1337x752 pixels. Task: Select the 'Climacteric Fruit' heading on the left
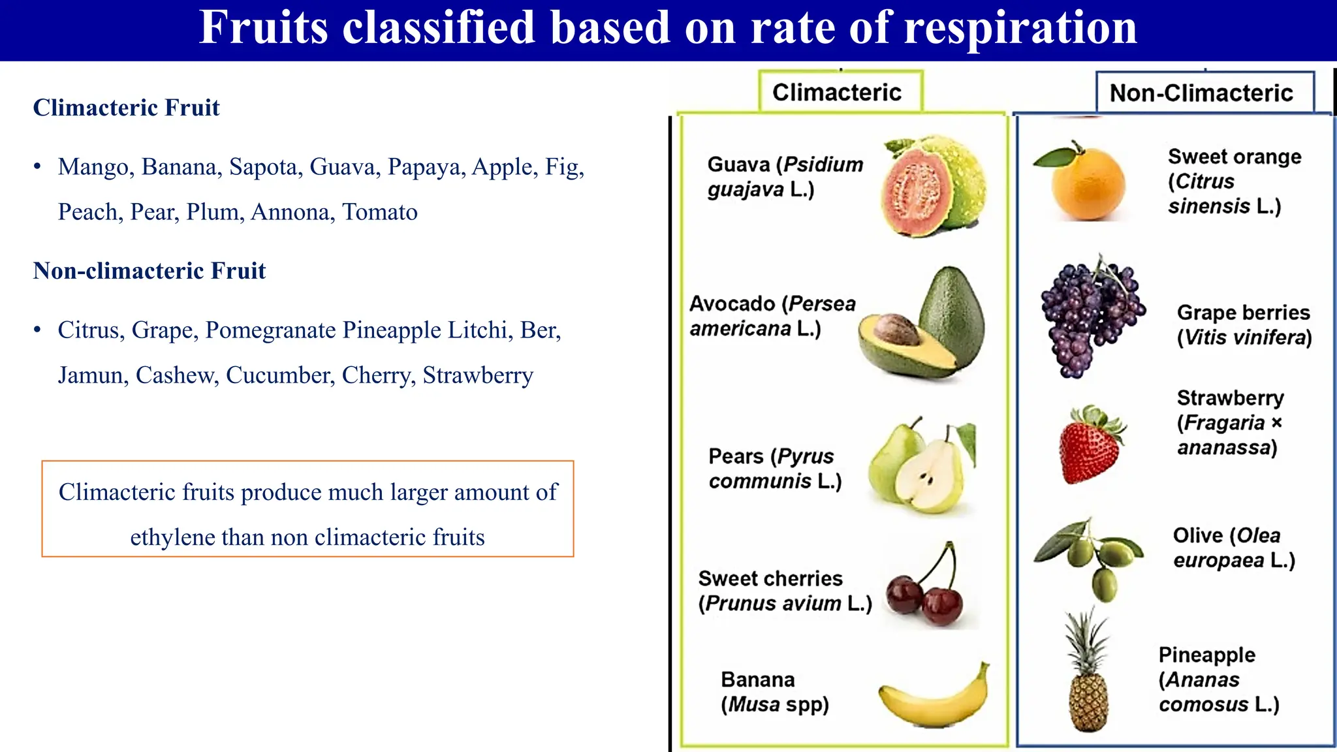pyautogui.click(x=126, y=108)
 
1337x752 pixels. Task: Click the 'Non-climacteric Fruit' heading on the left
pyautogui.click(x=149, y=271)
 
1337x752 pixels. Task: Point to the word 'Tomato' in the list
pyautogui.click(x=380, y=212)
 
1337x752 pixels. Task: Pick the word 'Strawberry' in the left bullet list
pyautogui.click(x=478, y=375)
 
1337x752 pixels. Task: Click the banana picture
pyautogui.click(x=934, y=698)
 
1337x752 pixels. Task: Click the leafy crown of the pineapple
pyautogui.click(x=1086, y=636)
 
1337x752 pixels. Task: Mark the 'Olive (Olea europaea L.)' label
pyautogui.click(x=1233, y=548)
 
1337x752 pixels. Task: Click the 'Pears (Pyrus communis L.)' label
pyautogui.click(x=774, y=469)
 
